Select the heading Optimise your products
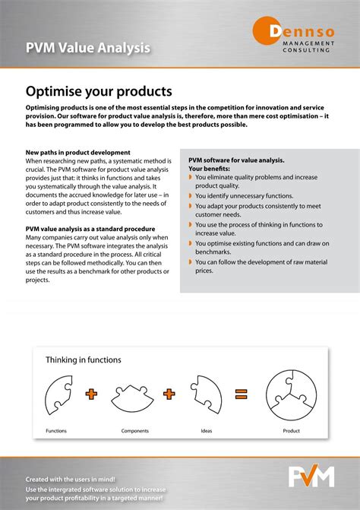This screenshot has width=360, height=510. [99, 91]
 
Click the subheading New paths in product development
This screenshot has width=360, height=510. [78, 153]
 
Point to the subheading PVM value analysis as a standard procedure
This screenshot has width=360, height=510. [90, 229]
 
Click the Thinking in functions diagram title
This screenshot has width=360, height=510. [84, 360]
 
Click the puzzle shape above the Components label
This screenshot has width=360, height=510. [135, 395]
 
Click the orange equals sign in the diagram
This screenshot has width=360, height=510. [242, 394]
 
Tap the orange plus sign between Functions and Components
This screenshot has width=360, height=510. [92, 394]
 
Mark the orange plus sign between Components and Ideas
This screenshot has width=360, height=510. [169, 394]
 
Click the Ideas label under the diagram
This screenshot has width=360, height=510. [207, 431]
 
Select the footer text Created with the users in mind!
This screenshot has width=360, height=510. [71, 480]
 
